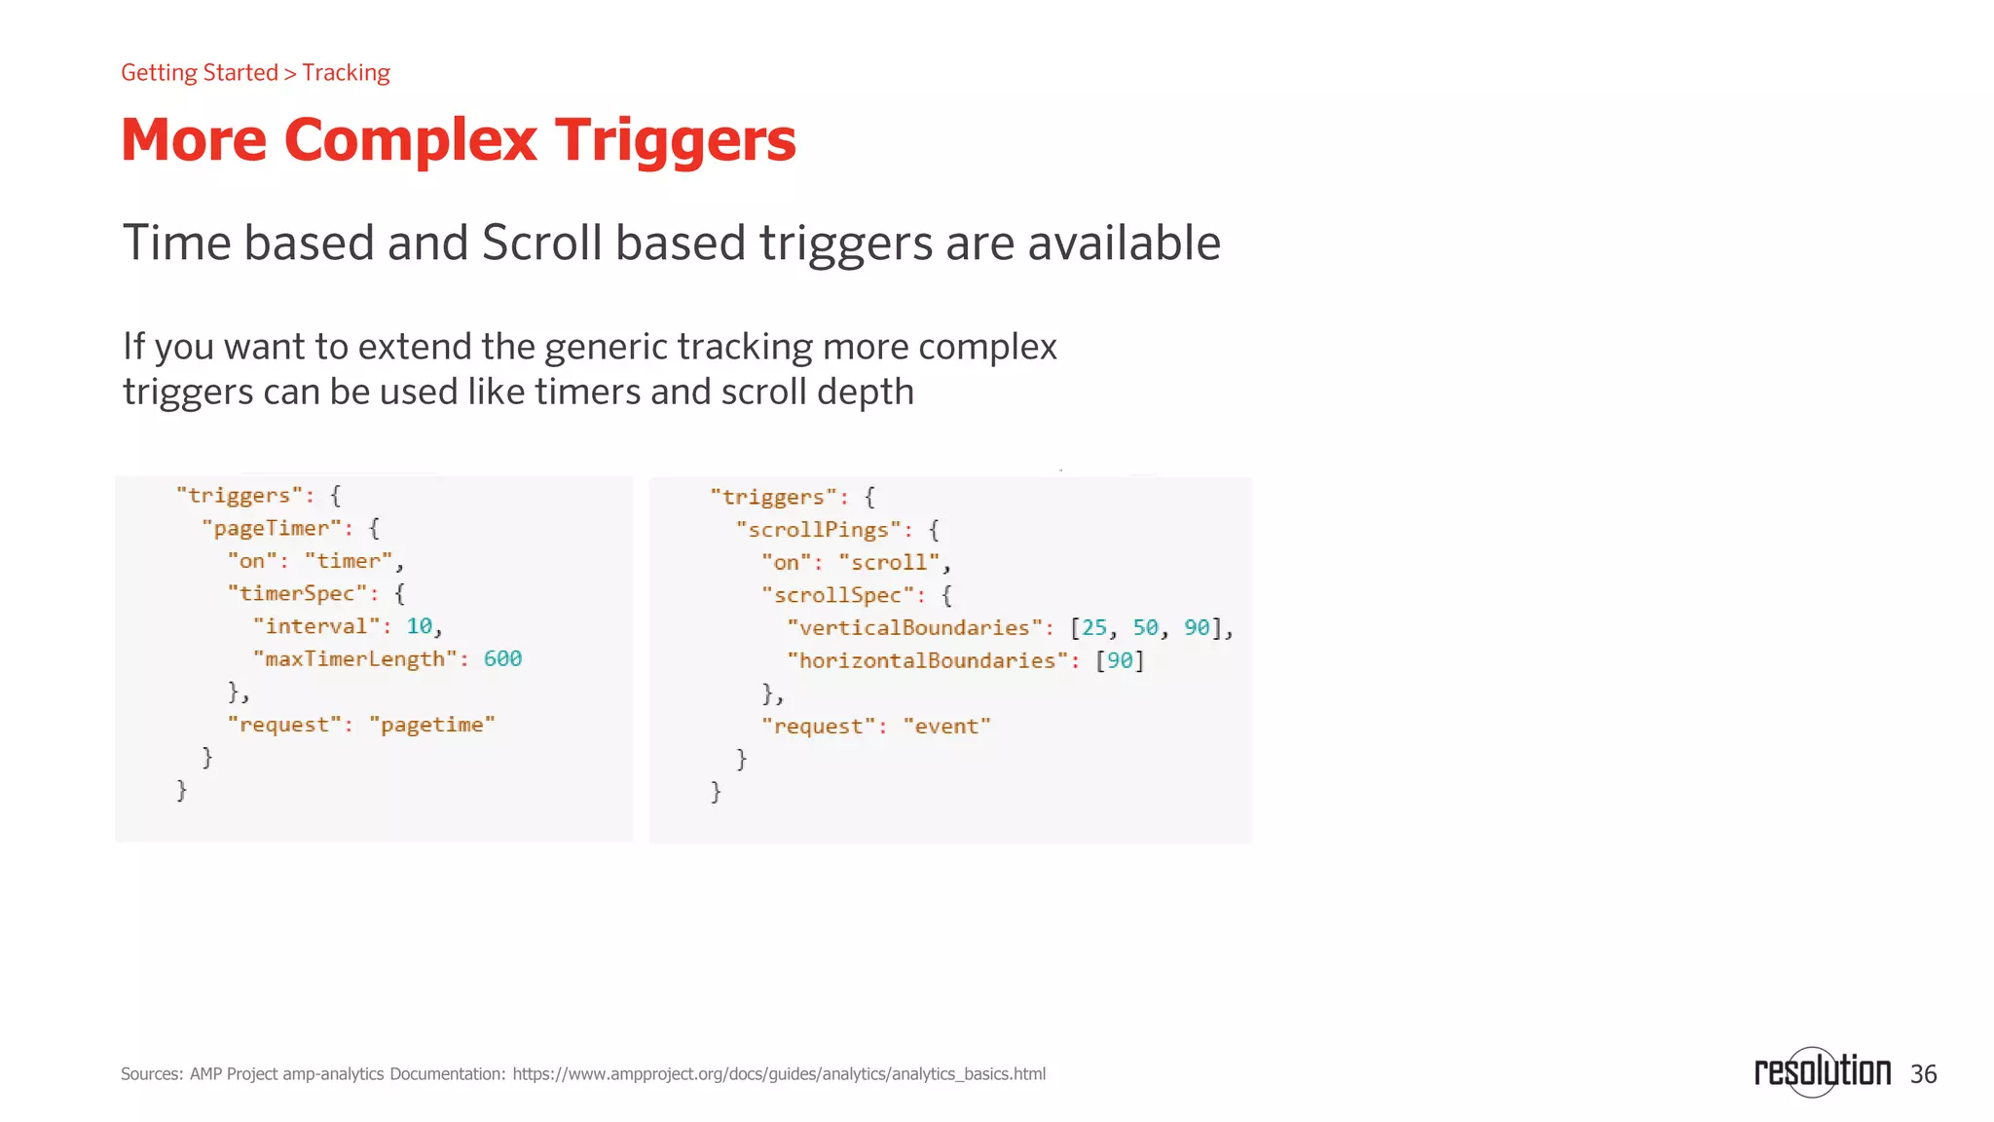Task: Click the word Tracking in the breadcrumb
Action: (x=346, y=73)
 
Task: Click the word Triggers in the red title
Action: (x=675, y=140)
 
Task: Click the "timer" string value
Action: (x=349, y=562)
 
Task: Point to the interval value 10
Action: (x=419, y=626)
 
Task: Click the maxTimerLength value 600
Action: (x=502, y=659)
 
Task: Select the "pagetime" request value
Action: (x=432, y=726)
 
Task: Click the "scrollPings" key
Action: (x=819, y=530)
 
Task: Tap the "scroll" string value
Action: (x=889, y=563)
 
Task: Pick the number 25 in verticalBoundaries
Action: (x=1094, y=628)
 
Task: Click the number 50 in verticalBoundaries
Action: (x=1145, y=628)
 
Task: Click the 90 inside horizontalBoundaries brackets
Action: (x=1120, y=661)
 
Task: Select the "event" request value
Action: (x=946, y=727)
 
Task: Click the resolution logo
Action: (x=1822, y=1072)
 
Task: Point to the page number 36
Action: (x=1923, y=1074)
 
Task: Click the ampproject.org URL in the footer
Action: (x=779, y=1074)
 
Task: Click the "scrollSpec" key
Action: (x=837, y=595)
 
